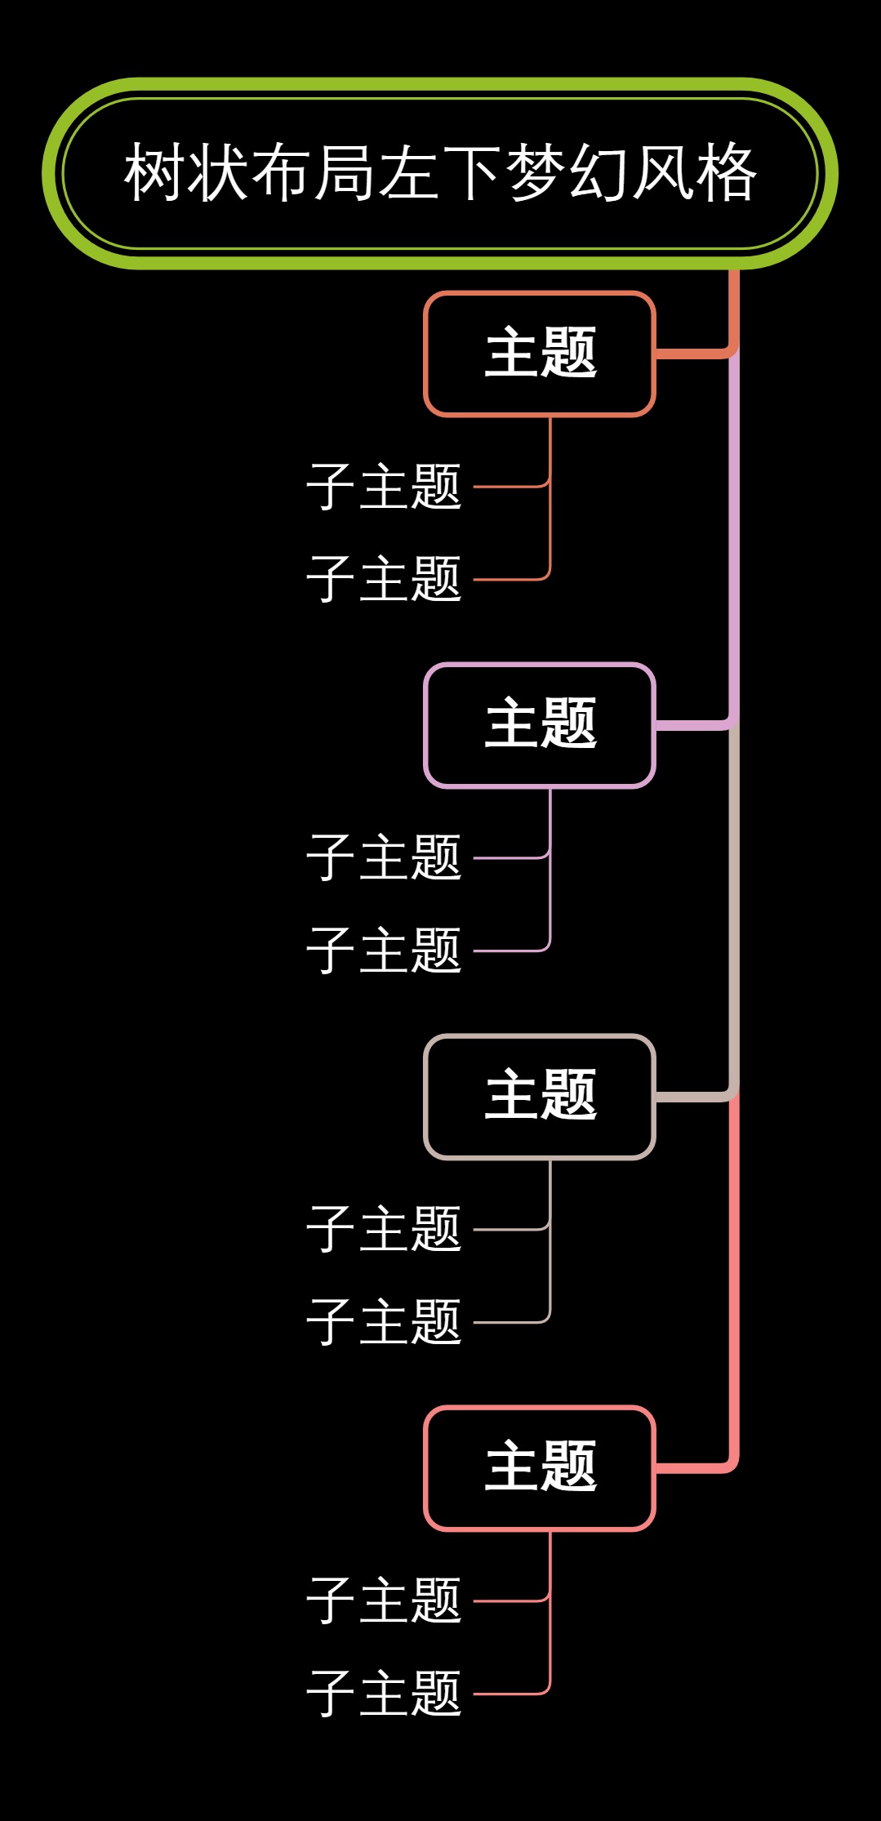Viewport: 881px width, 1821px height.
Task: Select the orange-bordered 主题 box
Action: [540, 354]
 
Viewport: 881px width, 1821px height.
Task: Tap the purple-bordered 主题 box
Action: [540, 725]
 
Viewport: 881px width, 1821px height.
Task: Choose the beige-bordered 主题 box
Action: [540, 1097]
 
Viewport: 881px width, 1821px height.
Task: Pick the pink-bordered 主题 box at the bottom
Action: [540, 1468]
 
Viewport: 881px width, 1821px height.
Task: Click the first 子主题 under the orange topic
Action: [384, 487]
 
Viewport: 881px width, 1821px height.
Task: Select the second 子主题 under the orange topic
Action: [384, 579]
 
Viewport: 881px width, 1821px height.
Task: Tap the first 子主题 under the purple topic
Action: [384, 858]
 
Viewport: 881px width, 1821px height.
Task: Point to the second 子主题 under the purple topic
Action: [384, 951]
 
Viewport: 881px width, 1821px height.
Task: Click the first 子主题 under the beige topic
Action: [384, 1229]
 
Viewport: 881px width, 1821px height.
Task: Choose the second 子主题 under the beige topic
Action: [384, 1322]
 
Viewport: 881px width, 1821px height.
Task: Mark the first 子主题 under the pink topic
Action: [384, 1601]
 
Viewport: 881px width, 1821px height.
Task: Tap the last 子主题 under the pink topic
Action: [384, 1694]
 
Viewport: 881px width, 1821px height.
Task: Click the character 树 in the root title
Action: [155, 173]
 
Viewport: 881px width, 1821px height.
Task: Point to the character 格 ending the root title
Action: [727, 173]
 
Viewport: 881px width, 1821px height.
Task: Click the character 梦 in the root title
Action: [536, 173]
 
